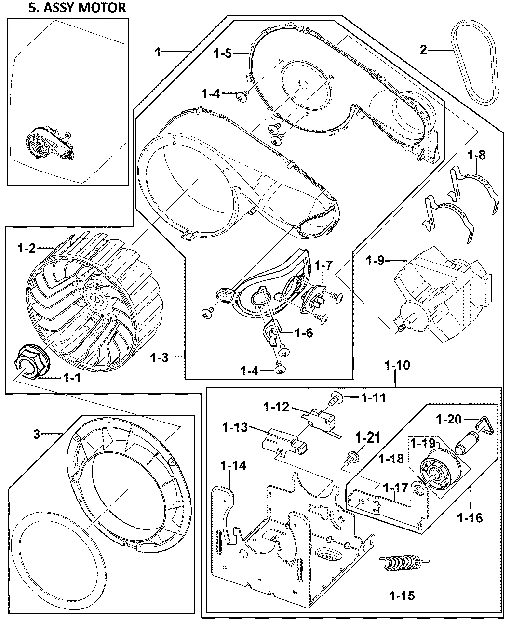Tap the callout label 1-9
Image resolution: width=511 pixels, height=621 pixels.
(x=376, y=261)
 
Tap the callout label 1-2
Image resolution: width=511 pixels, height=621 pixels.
(x=27, y=248)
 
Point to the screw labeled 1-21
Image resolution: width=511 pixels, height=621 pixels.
(x=352, y=457)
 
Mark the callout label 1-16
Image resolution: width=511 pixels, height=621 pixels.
(x=469, y=518)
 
